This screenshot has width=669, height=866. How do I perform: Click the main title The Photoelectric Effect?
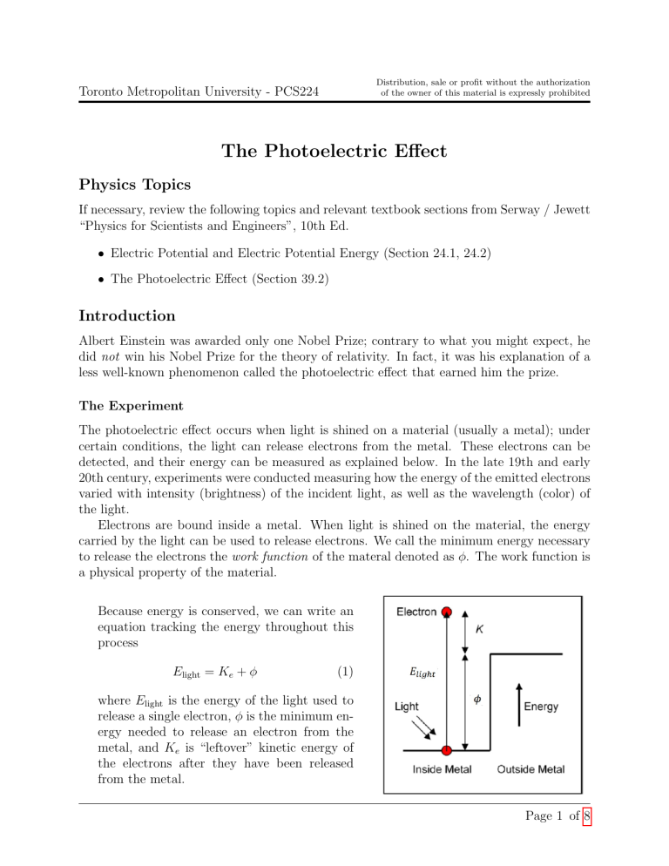[334, 152]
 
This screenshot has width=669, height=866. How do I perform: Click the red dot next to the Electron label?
[447, 612]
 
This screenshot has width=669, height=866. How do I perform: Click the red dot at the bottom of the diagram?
[447, 750]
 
